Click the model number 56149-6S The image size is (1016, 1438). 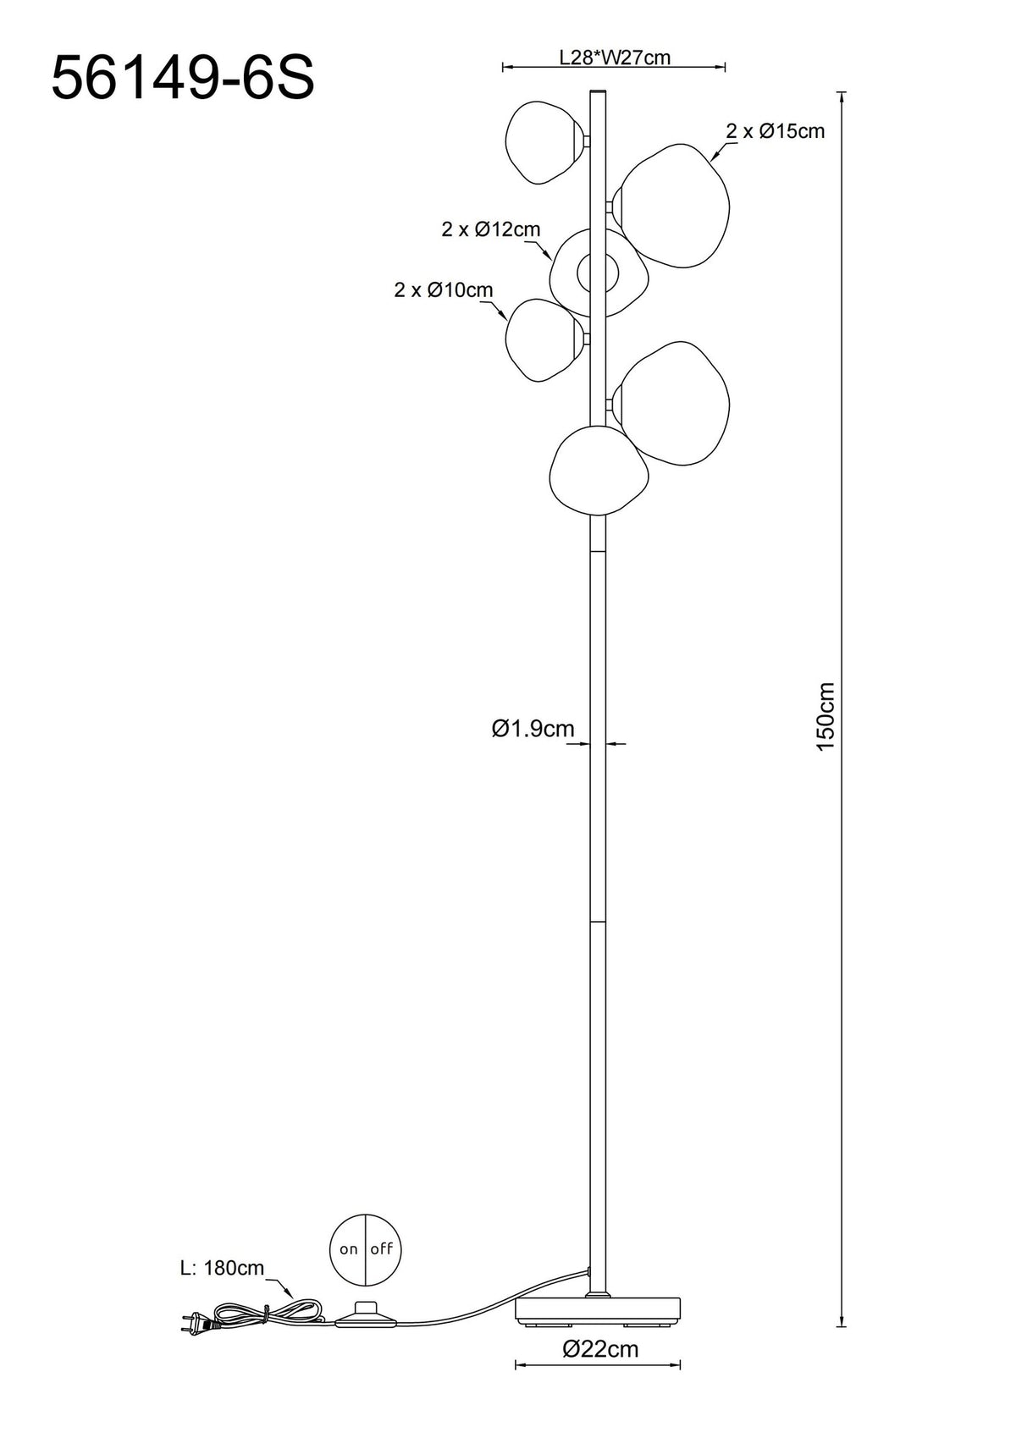pos(182,79)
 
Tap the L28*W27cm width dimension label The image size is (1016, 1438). pos(615,58)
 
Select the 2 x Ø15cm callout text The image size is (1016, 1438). pos(776,131)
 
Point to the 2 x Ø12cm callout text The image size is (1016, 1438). pos(491,229)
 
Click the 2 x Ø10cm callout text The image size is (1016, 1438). pos(443,290)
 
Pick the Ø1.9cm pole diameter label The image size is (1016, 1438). pos(533,728)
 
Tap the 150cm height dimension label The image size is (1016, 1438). pos(825,716)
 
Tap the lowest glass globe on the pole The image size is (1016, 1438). pos(598,471)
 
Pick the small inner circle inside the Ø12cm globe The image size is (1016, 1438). pos(598,273)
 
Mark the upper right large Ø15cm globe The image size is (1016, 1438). pos(670,206)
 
